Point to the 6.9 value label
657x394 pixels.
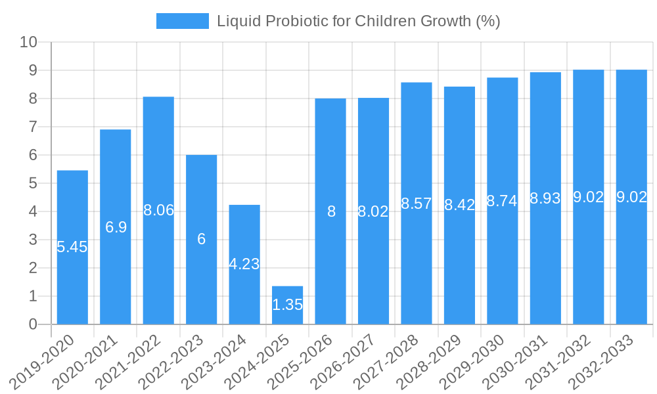[x=116, y=227]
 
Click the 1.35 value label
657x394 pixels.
[x=287, y=305]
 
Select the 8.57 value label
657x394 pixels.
[x=417, y=204]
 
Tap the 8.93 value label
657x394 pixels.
[x=545, y=198]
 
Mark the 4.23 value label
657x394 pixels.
[x=244, y=264]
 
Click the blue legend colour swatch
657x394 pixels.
[x=182, y=21]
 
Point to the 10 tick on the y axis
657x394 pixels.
[x=28, y=42]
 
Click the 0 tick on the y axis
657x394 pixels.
[x=33, y=324]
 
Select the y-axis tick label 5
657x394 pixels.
[x=33, y=183]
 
